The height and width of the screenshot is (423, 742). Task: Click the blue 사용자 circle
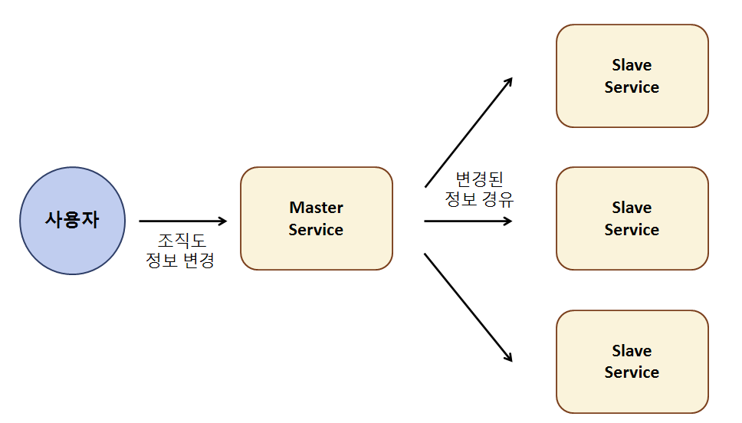(72, 221)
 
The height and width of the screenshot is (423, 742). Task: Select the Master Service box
(316, 218)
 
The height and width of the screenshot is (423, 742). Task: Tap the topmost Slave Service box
(632, 76)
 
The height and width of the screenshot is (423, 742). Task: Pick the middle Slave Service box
(632, 218)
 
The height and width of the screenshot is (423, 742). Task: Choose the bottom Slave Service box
(632, 362)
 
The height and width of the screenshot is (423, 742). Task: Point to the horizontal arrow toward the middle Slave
(468, 221)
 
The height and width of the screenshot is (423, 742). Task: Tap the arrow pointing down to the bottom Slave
(468, 307)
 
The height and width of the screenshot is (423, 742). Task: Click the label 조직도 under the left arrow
(179, 240)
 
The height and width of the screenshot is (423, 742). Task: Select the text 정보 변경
(179, 261)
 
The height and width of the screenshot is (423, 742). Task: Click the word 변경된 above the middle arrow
(478, 179)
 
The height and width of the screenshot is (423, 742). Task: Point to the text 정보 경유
(478, 200)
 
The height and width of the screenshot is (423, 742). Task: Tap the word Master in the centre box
(316, 208)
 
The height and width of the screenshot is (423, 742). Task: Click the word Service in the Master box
(316, 230)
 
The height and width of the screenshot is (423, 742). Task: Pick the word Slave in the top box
(632, 65)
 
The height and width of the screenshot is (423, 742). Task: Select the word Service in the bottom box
(632, 372)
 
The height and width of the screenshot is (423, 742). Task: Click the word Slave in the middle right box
(632, 208)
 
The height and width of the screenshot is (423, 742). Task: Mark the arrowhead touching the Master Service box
(222, 221)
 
